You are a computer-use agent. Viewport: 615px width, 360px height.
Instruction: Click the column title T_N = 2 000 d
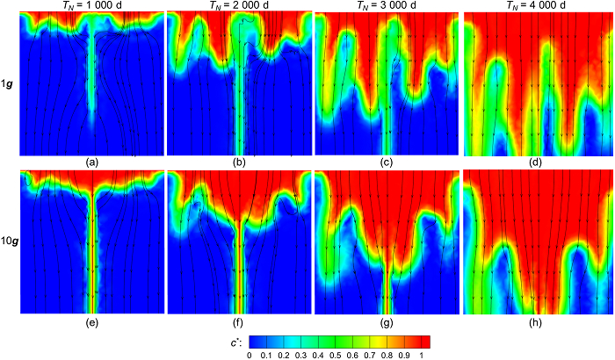click(x=239, y=7)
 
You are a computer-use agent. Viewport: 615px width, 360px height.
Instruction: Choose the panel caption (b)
click(x=240, y=162)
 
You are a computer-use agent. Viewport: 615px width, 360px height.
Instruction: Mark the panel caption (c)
click(x=387, y=162)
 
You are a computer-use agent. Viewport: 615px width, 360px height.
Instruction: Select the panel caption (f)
click(x=240, y=320)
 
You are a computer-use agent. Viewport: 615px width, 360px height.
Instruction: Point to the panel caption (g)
click(x=387, y=320)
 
